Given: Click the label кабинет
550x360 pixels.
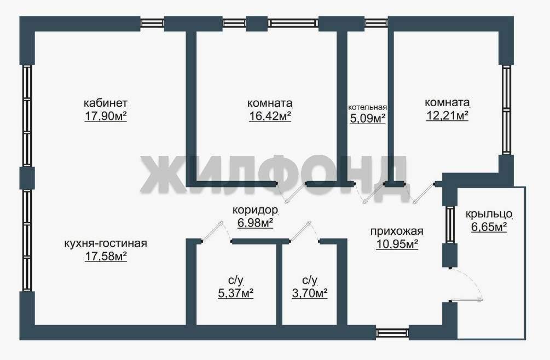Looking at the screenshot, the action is coord(105,103).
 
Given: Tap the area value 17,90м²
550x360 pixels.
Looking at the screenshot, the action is coord(106,116).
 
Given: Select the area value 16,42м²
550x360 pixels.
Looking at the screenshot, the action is coord(270,116).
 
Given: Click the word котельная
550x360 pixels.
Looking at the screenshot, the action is coord(367,107).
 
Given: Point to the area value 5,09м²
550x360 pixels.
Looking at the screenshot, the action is coord(368,119).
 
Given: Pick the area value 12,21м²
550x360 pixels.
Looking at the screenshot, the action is coord(447,115).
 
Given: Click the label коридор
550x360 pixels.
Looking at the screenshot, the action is coord(255,210).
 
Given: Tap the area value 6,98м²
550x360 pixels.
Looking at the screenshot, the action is coord(255,223).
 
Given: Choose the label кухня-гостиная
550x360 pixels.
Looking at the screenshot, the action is coord(106,243).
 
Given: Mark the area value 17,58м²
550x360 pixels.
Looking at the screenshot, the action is coord(106,256).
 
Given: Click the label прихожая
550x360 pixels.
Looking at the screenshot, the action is coord(397,232).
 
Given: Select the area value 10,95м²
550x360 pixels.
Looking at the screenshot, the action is coord(397,244).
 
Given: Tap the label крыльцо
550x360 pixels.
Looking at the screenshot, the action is coord(489,214).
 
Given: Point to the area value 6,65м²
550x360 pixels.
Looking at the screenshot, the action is coord(489,227).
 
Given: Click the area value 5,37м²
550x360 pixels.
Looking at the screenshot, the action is coord(236,293).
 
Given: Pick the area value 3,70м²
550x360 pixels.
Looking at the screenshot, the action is coord(310,293).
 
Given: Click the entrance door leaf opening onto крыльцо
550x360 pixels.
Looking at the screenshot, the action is coord(467,299).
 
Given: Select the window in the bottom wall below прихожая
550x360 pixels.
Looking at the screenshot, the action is coord(392,333).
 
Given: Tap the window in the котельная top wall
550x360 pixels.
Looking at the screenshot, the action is coord(377,23).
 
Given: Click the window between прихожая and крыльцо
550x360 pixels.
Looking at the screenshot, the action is coord(450,224).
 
